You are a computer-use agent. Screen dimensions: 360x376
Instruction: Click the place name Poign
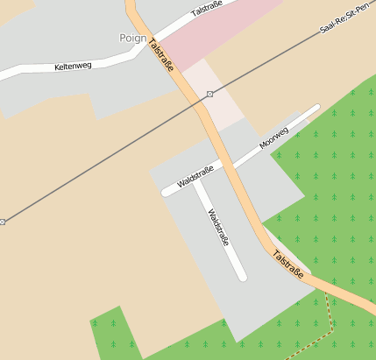tap(131, 38)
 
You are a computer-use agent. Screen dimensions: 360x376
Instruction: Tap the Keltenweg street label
tap(73, 66)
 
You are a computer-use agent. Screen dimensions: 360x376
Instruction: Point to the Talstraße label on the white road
tap(206, 10)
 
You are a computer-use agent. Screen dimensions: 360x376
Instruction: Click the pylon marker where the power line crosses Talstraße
tap(209, 94)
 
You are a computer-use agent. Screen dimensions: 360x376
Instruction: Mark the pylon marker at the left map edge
tap(3, 222)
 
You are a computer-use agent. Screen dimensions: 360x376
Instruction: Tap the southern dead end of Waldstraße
tap(242, 277)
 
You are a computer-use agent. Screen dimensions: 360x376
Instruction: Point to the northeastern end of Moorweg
tap(316, 109)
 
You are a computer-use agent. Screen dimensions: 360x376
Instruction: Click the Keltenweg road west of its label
tap(22, 74)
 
